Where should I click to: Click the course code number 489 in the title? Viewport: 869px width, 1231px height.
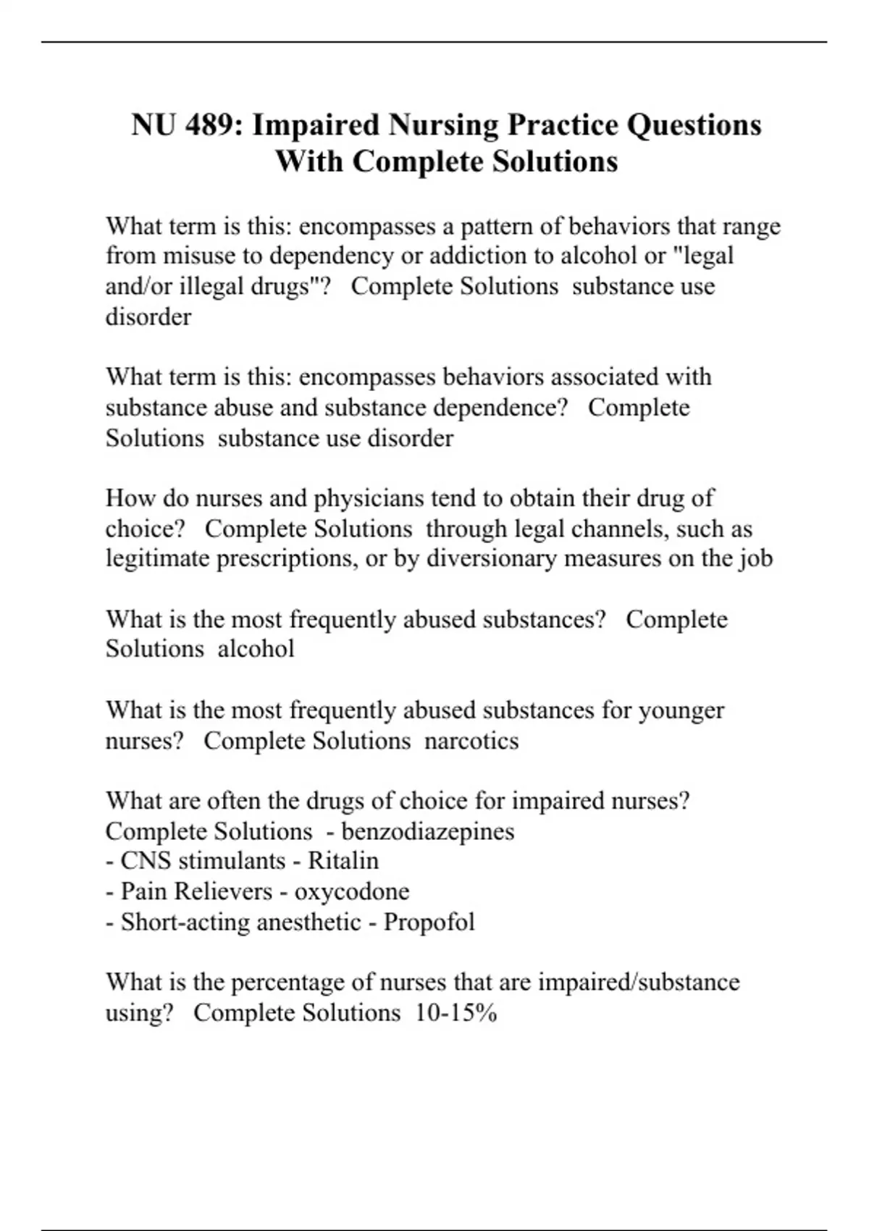209,125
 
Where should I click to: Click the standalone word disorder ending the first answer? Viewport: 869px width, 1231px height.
148,317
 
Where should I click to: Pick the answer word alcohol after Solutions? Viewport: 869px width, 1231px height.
256,649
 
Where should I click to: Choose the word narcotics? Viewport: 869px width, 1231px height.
471,741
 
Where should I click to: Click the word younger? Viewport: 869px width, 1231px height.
681,710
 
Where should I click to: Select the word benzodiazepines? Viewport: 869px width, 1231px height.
428,831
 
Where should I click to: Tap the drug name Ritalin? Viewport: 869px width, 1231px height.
343,861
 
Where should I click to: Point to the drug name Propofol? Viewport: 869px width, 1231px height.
429,922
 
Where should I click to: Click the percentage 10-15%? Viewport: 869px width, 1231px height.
456,1012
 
